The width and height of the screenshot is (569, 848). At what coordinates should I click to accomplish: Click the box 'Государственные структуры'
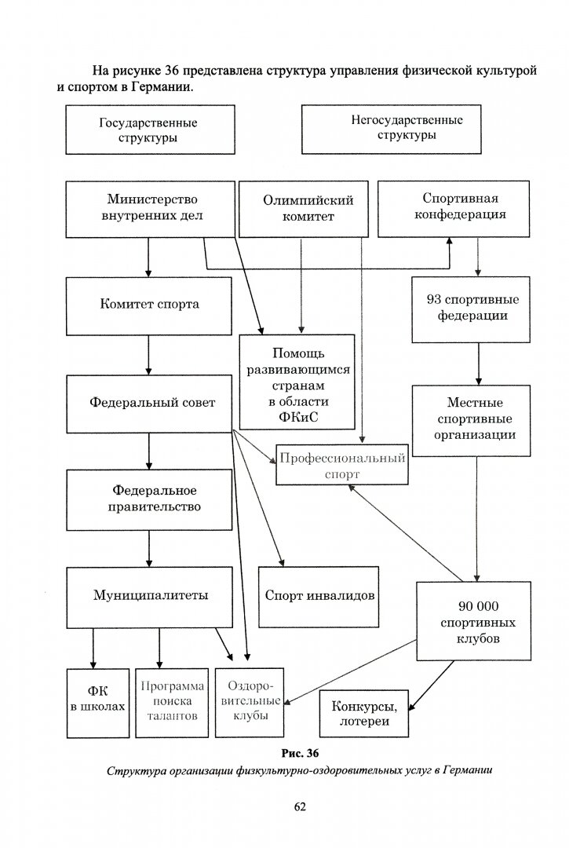(x=148, y=130)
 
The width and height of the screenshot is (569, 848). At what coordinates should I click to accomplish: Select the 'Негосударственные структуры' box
(x=406, y=128)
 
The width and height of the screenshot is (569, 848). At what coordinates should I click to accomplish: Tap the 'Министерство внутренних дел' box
(x=148, y=209)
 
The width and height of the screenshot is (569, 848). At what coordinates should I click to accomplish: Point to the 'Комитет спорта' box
(x=148, y=305)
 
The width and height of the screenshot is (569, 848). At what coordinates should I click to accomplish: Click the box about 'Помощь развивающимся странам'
(x=297, y=382)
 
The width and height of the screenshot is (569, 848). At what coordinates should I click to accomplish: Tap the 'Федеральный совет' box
(x=148, y=402)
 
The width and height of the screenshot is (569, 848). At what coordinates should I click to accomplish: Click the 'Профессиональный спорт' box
(x=341, y=466)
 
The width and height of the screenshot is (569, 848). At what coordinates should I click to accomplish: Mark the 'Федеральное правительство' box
(x=148, y=499)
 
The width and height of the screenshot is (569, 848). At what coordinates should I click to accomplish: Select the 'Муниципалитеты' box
(x=148, y=595)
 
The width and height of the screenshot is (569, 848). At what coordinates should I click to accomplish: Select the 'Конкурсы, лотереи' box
(x=363, y=714)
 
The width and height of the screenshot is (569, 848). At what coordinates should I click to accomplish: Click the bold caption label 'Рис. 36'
(x=299, y=755)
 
